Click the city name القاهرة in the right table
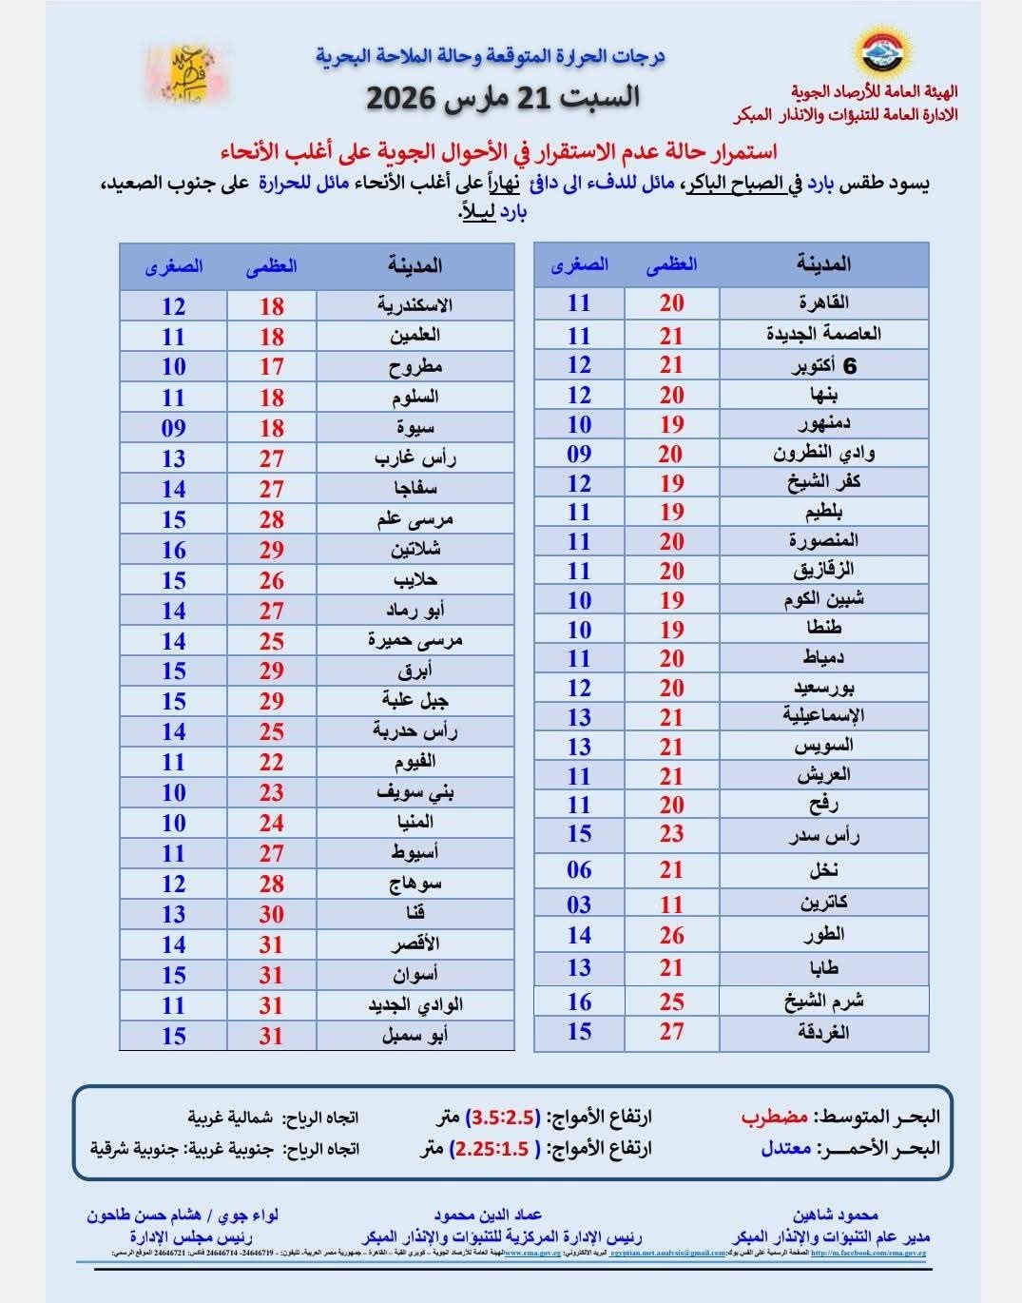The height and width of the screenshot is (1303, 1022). (823, 303)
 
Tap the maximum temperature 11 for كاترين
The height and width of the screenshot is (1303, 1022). (672, 904)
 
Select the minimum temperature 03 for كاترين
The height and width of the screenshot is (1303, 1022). (579, 904)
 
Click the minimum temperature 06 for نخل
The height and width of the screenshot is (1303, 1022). (579, 870)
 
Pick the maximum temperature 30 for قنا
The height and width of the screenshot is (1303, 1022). (272, 915)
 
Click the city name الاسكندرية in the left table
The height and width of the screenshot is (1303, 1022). (415, 306)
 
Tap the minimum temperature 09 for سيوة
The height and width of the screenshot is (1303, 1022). (173, 428)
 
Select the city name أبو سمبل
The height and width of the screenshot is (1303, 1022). (415, 1036)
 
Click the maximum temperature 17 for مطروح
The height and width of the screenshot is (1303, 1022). (272, 367)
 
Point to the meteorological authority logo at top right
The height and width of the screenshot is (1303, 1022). (883, 53)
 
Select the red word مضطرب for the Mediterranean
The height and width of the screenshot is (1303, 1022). (775, 1117)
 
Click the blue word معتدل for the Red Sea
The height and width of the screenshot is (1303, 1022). (786, 1148)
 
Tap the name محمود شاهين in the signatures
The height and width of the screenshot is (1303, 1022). (836, 1215)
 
